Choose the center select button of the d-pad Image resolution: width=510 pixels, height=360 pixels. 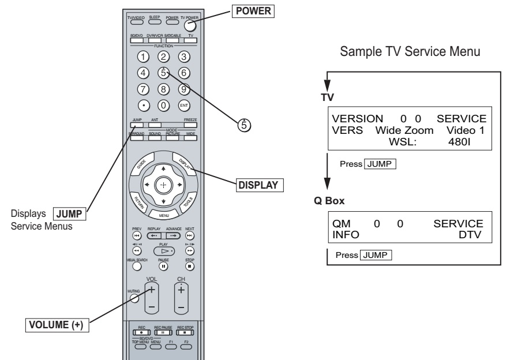(164, 185)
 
